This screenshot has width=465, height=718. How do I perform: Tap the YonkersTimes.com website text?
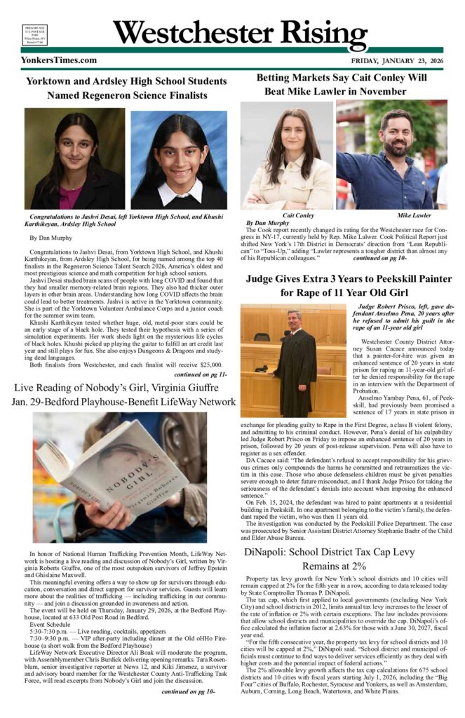pos(59,60)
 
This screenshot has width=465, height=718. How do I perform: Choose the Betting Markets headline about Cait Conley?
pos(341,84)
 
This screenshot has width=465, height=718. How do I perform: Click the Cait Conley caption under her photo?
pos(298,215)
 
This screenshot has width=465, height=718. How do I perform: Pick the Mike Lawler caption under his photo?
pos(413,215)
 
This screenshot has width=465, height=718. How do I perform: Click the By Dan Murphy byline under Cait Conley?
pos(263,222)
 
